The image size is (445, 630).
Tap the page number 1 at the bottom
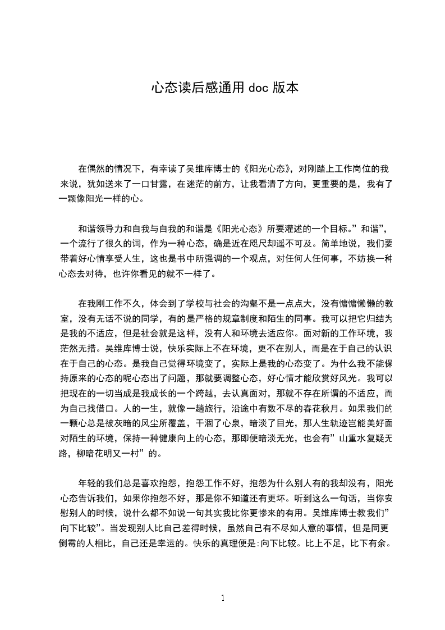pyautogui.click(x=223, y=598)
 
